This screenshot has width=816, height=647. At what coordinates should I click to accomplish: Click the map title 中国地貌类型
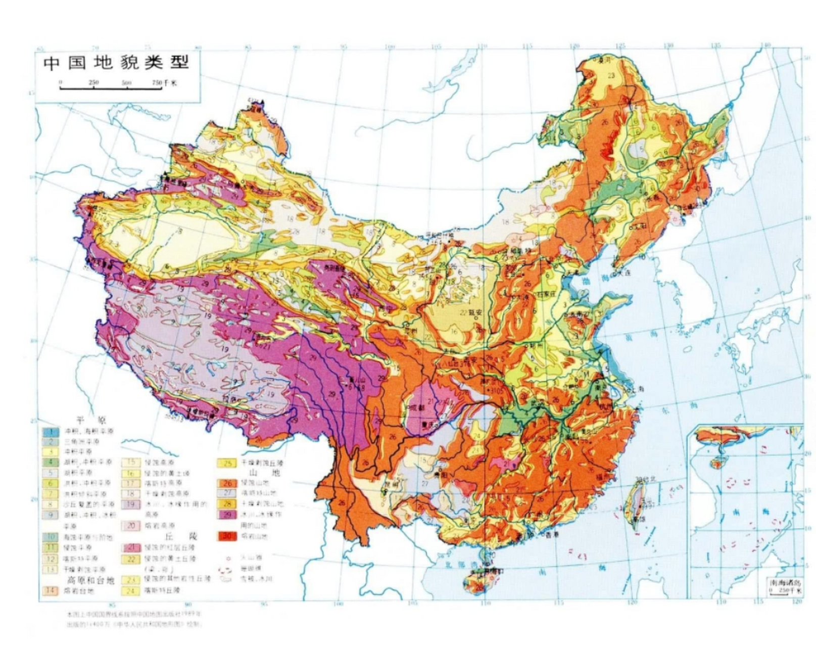pos(116,63)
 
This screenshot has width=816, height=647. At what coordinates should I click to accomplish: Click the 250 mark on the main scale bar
pos(94,82)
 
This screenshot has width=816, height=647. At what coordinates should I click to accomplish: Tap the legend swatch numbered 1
pos(51,432)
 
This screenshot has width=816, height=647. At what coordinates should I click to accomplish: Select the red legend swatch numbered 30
pos(227,536)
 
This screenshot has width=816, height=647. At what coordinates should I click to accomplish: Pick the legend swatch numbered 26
pos(227,483)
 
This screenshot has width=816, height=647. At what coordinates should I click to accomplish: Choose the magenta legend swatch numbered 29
pos(227,515)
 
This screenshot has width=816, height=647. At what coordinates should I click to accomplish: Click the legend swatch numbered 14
pos(51,590)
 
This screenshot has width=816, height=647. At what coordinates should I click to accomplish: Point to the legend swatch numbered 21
pos(131,547)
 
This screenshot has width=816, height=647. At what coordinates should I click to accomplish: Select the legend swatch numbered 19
pos(131,504)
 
